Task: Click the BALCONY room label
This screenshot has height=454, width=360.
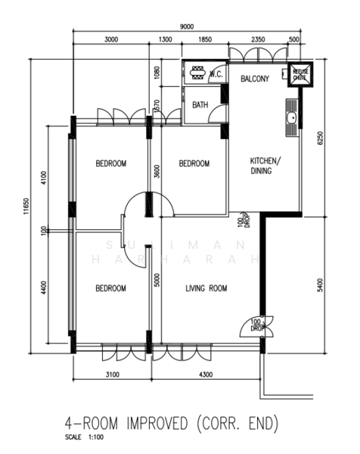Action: [x=256, y=79]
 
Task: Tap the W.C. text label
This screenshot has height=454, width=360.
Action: [x=216, y=74]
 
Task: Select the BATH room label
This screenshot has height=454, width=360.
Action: [x=200, y=105]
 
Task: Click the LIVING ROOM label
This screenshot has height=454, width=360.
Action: [x=207, y=288]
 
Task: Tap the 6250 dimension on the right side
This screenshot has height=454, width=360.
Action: [x=320, y=138]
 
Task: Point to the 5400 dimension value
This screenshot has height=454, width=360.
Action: [x=320, y=285]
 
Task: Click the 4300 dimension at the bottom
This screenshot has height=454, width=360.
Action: [x=205, y=375]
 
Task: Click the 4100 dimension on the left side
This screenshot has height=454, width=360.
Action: [x=45, y=177]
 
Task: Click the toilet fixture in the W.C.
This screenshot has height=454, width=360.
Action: [x=198, y=74]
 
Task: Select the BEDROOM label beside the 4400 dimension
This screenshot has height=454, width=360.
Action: [x=110, y=288]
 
